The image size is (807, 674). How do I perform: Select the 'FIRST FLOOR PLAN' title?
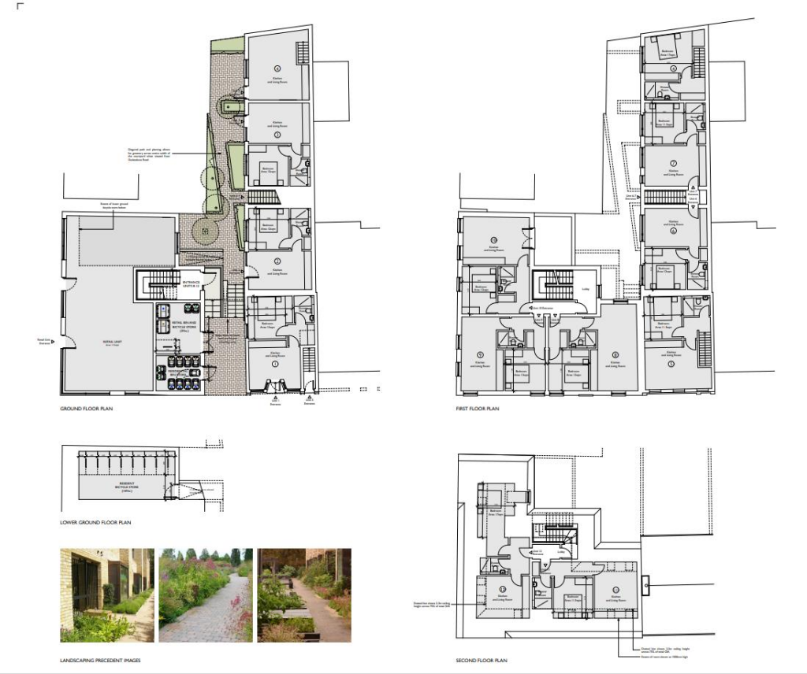point(478,409)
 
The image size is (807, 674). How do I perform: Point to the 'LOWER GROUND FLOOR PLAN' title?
point(95,522)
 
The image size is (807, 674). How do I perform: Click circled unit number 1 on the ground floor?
point(276,365)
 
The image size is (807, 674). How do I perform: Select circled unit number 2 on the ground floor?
point(277,261)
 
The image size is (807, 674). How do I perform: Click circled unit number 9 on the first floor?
point(480,354)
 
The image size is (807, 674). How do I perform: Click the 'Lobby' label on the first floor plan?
point(584,289)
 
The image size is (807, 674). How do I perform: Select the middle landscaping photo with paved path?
point(206,595)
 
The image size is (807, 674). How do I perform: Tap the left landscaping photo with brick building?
point(106,595)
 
